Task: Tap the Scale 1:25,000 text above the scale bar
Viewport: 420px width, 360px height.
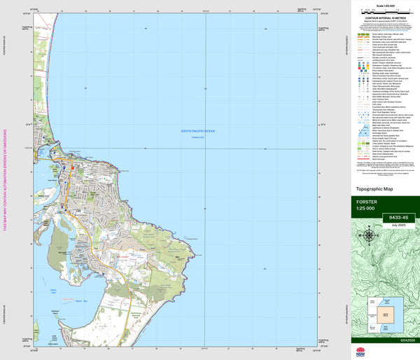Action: click(x=384, y=6)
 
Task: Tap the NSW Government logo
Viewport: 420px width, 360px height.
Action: click(x=361, y=352)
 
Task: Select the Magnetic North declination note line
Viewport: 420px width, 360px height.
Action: click(x=384, y=25)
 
